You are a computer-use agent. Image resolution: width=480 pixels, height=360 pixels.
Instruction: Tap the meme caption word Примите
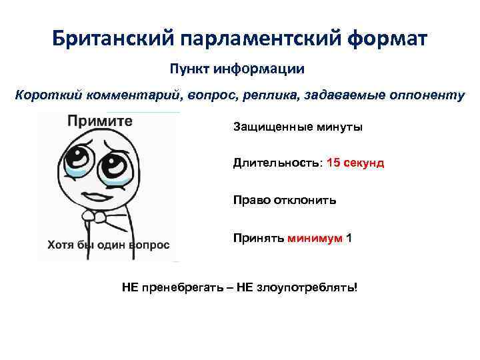(x=99, y=122)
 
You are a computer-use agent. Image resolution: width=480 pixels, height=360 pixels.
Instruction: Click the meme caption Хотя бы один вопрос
(x=109, y=245)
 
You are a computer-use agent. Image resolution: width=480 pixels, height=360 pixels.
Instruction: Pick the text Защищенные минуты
(x=298, y=127)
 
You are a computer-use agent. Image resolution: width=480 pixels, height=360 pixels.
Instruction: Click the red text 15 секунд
(x=355, y=163)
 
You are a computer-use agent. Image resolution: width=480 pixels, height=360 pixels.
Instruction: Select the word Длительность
(x=277, y=163)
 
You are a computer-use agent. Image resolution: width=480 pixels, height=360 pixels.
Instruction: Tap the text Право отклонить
(x=285, y=199)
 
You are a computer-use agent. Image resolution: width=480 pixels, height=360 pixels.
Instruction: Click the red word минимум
(x=315, y=237)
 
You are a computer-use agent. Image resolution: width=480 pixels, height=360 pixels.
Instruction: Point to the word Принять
(x=259, y=237)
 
